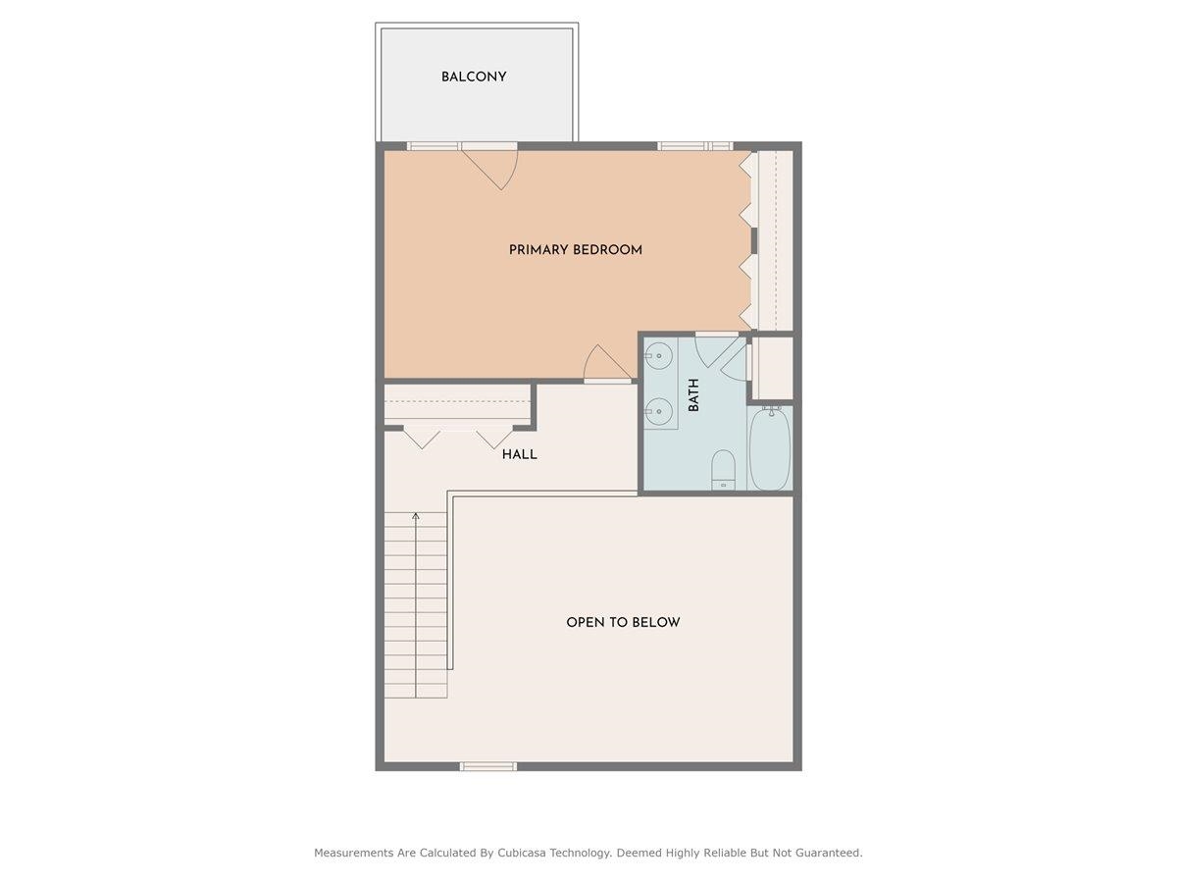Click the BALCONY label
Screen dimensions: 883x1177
(474, 77)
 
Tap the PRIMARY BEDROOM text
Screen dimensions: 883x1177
(576, 250)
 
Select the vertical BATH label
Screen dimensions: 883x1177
(693, 395)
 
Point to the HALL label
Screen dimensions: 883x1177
(519, 455)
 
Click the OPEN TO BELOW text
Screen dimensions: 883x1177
(623, 622)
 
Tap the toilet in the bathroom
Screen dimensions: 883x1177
(723, 469)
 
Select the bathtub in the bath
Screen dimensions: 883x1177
(770, 448)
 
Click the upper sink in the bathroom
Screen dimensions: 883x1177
(660, 355)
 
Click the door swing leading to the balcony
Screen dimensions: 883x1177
(495, 165)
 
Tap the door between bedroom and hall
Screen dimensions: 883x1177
(606, 365)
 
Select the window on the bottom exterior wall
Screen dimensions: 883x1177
(487, 766)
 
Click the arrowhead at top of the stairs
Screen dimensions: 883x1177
(416, 515)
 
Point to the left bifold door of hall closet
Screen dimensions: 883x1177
(423, 438)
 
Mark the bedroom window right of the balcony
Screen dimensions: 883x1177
(694, 146)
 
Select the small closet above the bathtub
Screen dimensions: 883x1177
(772, 367)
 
